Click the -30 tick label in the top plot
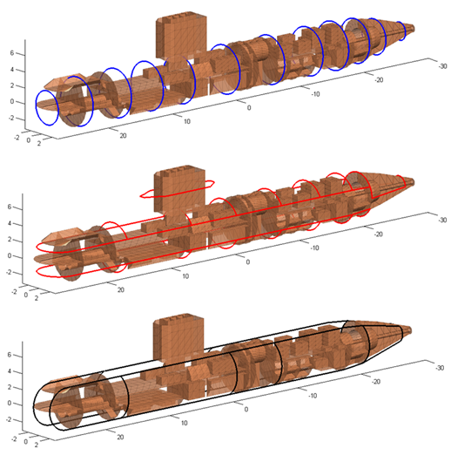click(x=442, y=66)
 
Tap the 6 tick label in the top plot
click(x=12, y=53)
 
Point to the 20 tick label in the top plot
click(x=123, y=136)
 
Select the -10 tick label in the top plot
click(x=315, y=94)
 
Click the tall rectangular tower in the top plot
click(x=181, y=36)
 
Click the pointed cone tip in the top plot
click(x=414, y=29)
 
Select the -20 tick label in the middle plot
click(x=379, y=234)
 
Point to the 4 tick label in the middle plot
click(x=10, y=223)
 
